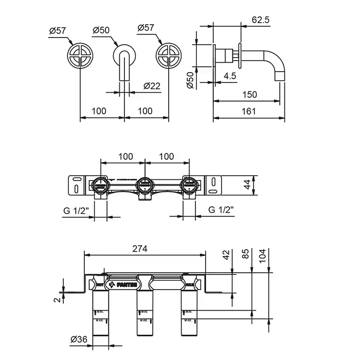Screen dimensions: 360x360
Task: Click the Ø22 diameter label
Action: (153, 86)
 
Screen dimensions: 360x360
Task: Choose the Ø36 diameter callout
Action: (80, 339)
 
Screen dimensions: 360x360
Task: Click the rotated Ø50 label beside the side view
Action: (190, 80)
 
